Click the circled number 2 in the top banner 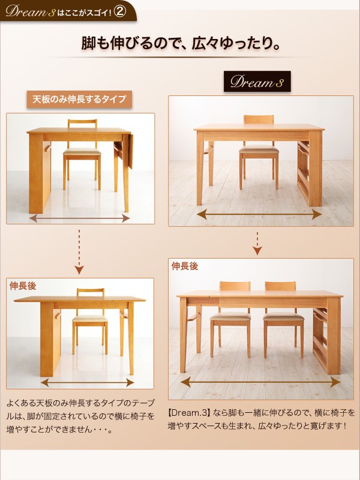(119, 11)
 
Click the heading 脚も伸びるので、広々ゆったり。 (181, 43)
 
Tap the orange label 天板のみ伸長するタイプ (79, 99)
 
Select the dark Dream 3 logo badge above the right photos (257, 82)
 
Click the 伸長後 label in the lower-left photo (23, 286)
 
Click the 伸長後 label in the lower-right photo (185, 266)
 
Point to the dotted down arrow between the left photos (79, 251)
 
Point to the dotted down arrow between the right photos (257, 244)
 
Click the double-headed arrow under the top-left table (80, 218)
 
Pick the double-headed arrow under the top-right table (259, 214)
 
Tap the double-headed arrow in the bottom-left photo (87, 382)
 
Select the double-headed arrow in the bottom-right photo (260, 382)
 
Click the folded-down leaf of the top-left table (131, 151)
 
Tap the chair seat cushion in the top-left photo (82, 152)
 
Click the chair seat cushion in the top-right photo (259, 149)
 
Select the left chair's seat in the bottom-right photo (230, 317)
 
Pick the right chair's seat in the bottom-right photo (283, 317)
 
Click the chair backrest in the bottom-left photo (91, 292)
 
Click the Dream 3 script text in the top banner (30, 11)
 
